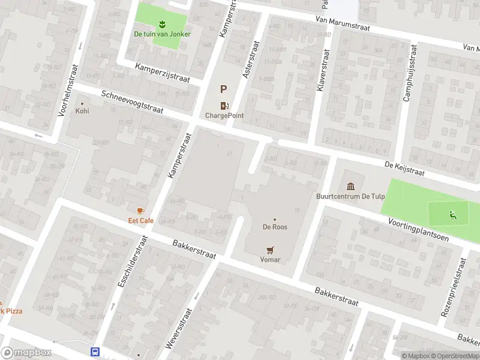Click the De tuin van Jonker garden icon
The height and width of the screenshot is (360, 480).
[162, 24]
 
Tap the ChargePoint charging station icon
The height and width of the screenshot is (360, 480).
[224, 106]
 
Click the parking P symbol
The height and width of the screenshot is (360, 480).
[224, 89]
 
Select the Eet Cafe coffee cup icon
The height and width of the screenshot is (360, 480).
[141, 211]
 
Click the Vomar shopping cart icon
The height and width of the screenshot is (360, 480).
[271, 250]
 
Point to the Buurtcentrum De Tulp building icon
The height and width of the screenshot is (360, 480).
[350, 186]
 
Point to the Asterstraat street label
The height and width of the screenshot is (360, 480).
[249, 60]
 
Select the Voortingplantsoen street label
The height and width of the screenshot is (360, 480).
[418, 229]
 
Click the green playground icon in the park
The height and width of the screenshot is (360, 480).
[451, 214]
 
